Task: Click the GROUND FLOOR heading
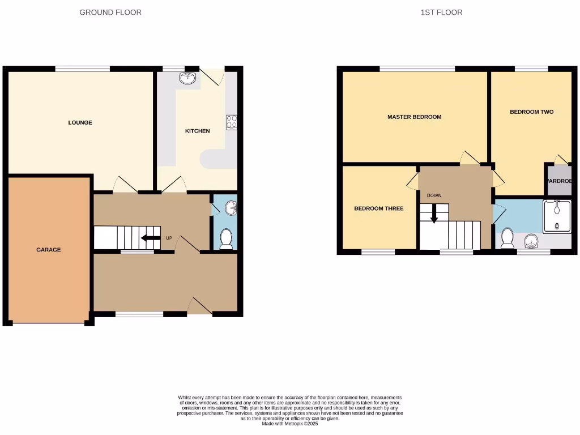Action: point(110,12)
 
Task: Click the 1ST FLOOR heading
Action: point(441,12)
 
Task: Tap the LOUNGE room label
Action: point(80,122)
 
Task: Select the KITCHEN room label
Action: point(198,131)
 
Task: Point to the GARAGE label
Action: point(49,249)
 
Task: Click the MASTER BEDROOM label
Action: point(414,117)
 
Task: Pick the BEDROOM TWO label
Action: point(531,112)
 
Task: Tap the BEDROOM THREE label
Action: point(379,208)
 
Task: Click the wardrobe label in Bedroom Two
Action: point(560,181)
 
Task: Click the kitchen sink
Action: point(187,78)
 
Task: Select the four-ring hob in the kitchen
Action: point(232,122)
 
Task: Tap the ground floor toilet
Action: point(226,238)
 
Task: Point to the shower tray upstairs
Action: point(557,216)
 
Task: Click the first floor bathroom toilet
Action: point(507,238)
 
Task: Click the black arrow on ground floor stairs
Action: point(150,238)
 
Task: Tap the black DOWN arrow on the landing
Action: point(434,213)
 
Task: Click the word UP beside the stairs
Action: point(169,238)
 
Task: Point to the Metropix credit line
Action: point(290,424)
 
